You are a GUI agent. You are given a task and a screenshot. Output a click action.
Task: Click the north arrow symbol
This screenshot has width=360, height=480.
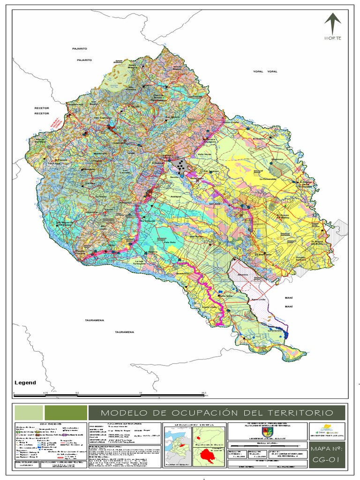click(x=332, y=24)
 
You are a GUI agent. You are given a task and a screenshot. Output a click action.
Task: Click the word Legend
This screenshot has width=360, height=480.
click(x=25, y=382)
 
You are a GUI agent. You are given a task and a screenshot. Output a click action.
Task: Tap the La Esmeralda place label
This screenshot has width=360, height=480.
click(x=269, y=179)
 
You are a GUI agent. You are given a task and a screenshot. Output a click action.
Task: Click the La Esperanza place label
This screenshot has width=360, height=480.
click(x=263, y=254)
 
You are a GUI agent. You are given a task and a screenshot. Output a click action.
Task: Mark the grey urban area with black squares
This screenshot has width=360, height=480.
click(x=180, y=165)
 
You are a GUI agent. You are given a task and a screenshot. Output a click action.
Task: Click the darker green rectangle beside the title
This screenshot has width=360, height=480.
click(x=65, y=413)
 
